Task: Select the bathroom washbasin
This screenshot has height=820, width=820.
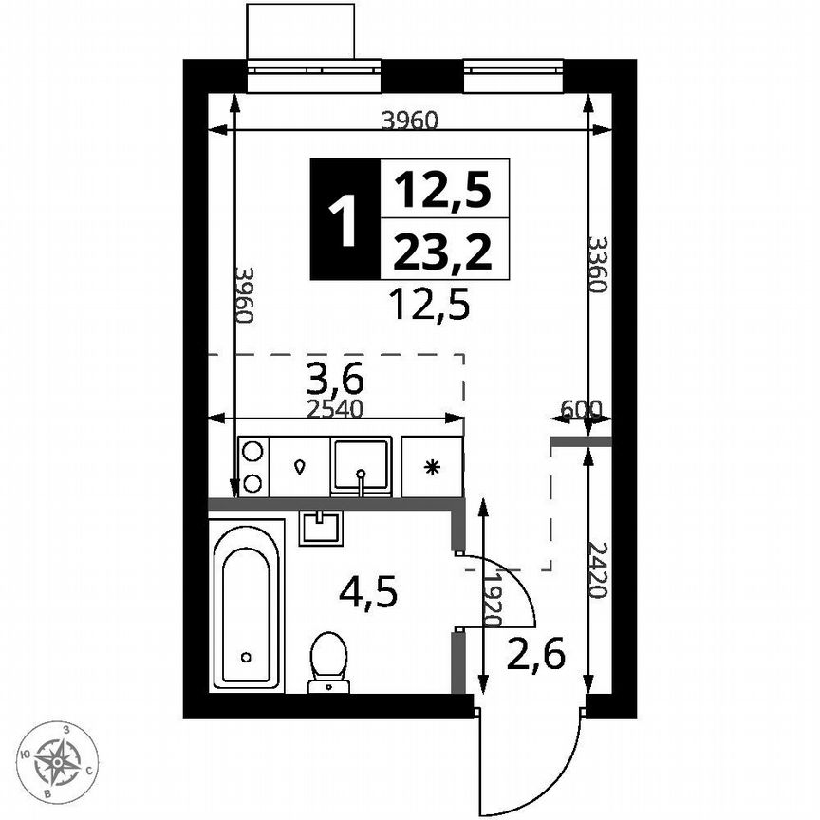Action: (x=321, y=527)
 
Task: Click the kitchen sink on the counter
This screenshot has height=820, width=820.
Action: (x=361, y=465)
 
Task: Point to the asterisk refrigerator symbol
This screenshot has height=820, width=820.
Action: (x=432, y=466)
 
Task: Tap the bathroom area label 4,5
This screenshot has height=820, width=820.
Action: (x=368, y=594)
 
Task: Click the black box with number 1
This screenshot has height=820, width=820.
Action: (x=344, y=219)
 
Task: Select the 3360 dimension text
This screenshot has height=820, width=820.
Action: (x=596, y=265)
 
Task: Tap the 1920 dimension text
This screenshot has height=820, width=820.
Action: (x=491, y=600)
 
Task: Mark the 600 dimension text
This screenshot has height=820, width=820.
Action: (x=581, y=409)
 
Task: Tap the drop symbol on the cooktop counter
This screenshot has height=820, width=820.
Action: (x=300, y=466)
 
